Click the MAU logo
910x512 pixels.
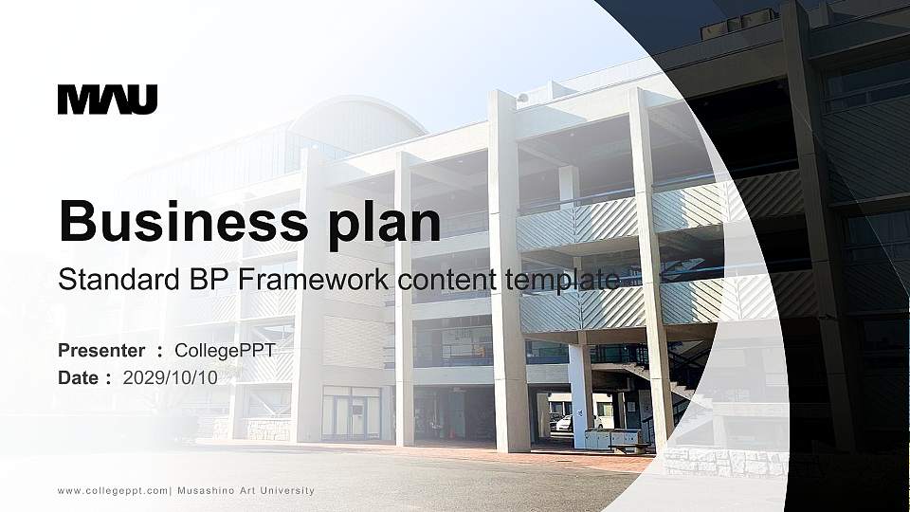pyautogui.click(x=107, y=100)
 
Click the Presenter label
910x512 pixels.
pyautogui.click(x=101, y=351)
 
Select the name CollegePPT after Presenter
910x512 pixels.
pyautogui.click(x=226, y=351)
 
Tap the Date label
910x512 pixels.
pyautogui.click(x=79, y=377)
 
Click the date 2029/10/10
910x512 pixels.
pyautogui.click(x=171, y=377)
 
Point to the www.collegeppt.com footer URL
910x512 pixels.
pyautogui.click(x=113, y=490)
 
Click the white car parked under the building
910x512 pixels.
pyautogui.click(x=563, y=422)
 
